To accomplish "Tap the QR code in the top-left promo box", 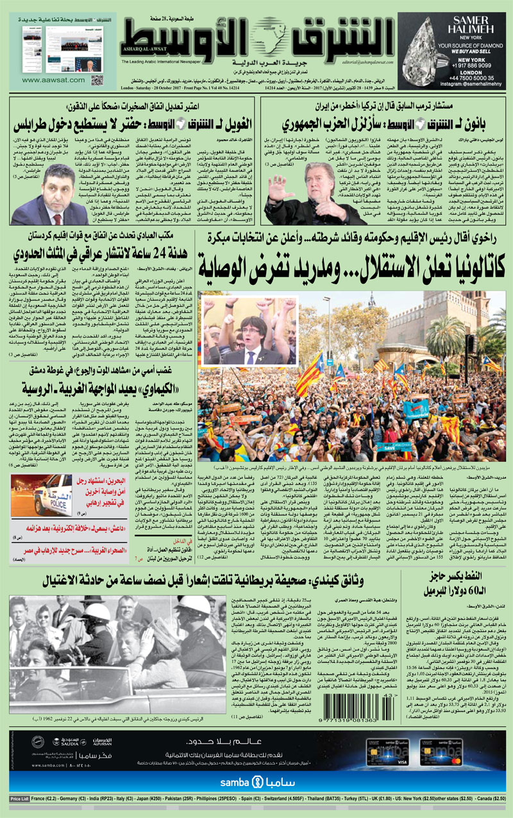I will [x=97, y=80].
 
